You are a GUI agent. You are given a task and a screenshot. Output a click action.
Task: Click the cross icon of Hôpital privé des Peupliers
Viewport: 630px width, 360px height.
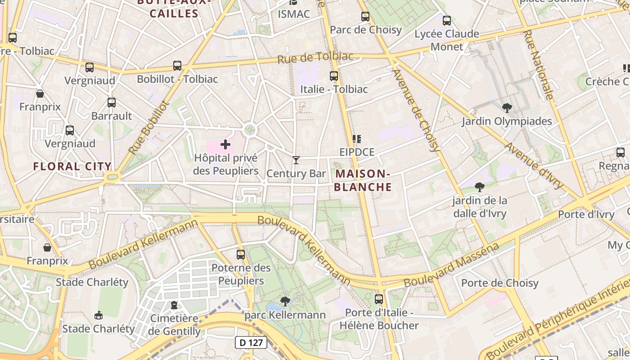[225, 144]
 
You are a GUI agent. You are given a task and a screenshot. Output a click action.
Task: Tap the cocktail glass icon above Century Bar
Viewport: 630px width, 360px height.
[296, 160]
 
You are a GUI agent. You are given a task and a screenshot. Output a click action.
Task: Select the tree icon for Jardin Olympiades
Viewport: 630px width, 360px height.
[507, 108]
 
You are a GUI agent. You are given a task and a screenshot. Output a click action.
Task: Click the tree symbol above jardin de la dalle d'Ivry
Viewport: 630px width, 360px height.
[480, 187]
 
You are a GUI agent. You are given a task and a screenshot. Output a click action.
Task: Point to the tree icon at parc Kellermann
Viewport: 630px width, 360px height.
[284, 301]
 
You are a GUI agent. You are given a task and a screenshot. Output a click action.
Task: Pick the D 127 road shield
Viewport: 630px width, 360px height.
[251, 342]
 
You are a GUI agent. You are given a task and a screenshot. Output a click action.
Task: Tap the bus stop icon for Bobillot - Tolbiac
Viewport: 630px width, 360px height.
[177, 66]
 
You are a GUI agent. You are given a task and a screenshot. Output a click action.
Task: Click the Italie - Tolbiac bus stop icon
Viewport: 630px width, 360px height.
[333, 76]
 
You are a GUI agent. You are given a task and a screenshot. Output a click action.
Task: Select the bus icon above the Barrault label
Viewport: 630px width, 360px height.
[112, 103]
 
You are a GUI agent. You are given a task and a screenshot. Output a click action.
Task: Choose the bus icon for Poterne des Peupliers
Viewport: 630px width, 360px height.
[241, 254]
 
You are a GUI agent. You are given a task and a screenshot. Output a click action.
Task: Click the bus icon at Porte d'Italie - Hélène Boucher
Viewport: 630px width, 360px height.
[379, 299]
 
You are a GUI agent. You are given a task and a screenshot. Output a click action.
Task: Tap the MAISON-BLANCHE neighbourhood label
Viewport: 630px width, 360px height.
[363, 180]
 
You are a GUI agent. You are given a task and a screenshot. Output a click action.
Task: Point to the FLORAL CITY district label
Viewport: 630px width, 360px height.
[72, 166]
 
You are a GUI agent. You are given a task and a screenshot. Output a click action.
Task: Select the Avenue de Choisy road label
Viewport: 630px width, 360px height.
[416, 110]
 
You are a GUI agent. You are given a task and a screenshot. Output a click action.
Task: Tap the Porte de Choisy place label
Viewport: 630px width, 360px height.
[499, 283]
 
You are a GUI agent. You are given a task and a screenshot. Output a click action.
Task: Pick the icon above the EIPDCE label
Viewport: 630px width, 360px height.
[357, 139]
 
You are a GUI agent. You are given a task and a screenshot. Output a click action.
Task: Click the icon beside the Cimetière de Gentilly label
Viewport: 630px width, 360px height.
[174, 305]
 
